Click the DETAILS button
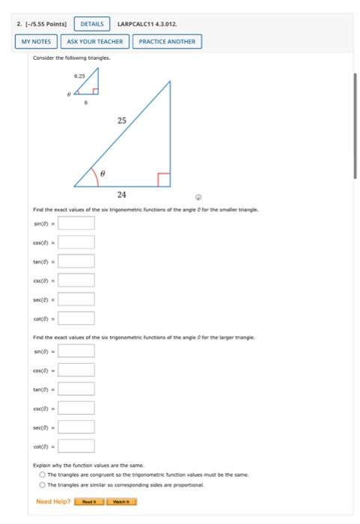pyautogui.click(x=91, y=24)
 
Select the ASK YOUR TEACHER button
pyautogui.click(x=94, y=41)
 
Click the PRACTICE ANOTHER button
pyautogui.click(x=166, y=41)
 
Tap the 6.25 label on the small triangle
pyautogui.click(x=79, y=76)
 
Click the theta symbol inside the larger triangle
pyautogui.click(x=103, y=172)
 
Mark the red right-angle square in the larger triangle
pyautogui.click(x=164, y=180)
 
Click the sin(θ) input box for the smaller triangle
pyautogui.click(x=76, y=222)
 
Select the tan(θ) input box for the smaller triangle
pyautogui.click(x=76, y=261)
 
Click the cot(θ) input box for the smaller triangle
pyautogui.click(x=76, y=318)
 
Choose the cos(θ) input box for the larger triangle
pyautogui.click(x=76, y=370)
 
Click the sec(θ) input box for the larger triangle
pyautogui.click(x=76, y=427)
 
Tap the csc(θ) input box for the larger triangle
pyautogui.click(x=76, y=408)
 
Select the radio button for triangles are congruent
pyautogui.click(x=42, y=475)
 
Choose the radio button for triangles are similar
pyautogui.click(x=42, y=484)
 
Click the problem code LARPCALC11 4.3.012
pyautogui.click(x=147, y=24)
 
